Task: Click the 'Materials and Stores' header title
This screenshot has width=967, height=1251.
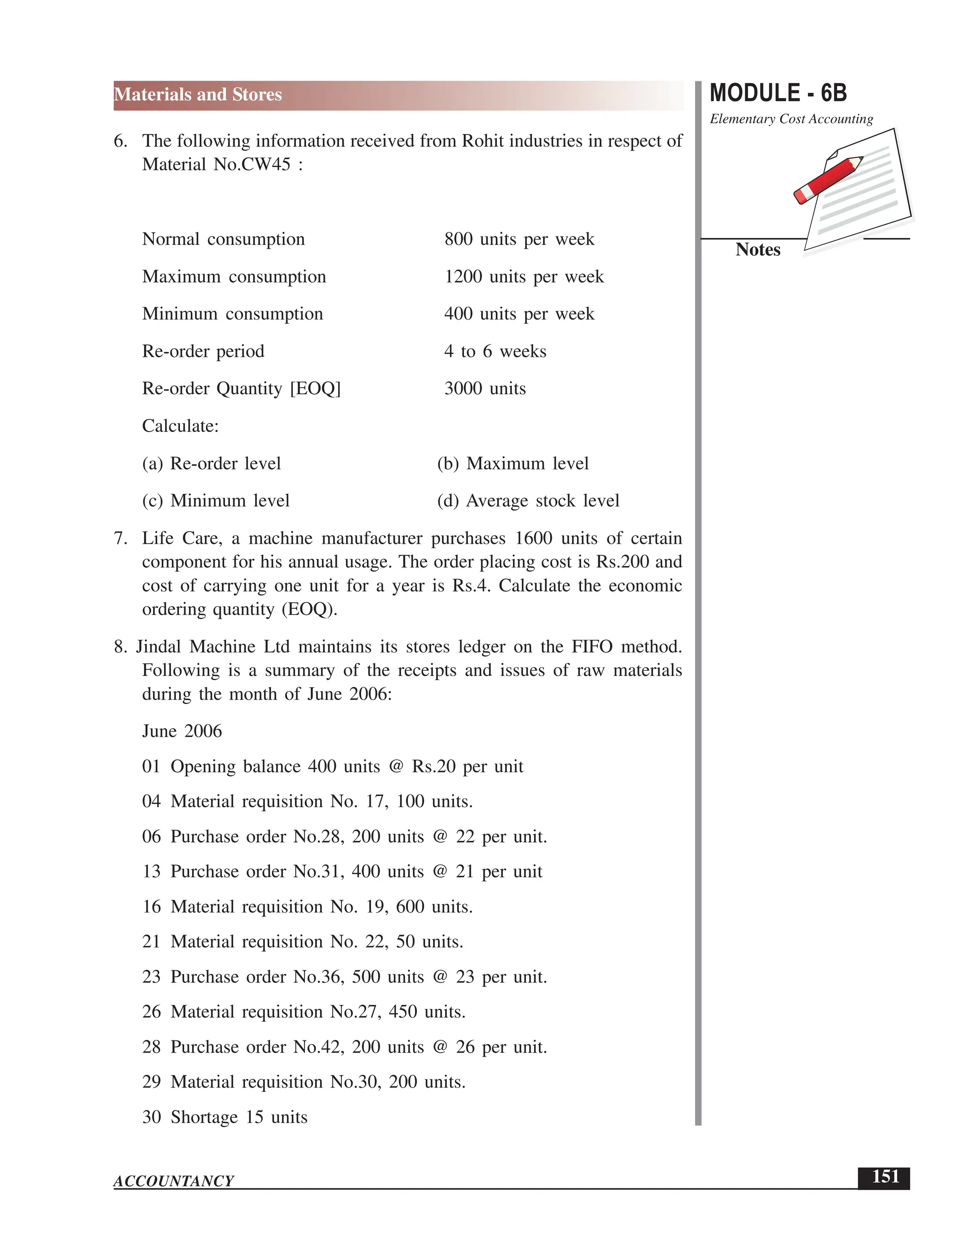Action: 198,94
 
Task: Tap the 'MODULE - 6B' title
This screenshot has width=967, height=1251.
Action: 778,93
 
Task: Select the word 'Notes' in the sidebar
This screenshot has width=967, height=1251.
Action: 757,250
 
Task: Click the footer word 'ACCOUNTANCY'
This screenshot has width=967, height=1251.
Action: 174,1181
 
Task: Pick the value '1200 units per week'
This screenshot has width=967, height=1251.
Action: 524,277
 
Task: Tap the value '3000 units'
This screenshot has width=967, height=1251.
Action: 484,389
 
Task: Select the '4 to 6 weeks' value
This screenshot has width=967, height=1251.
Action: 495,351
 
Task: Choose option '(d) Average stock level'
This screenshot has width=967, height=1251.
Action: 527,500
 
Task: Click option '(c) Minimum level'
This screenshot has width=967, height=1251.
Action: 215,500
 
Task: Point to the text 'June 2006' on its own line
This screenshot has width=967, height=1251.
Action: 182,731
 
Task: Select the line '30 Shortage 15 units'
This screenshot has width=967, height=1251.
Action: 225,1117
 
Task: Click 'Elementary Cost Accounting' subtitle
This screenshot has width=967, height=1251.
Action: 791,119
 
